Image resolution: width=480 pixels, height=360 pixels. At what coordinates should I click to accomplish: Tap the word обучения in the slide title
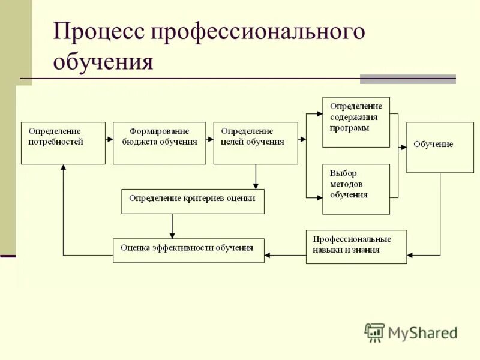pos(103,62)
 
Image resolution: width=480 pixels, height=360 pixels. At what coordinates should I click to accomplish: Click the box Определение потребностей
pos(63,143)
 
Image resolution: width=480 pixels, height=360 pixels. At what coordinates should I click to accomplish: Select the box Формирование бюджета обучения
pos(159,143)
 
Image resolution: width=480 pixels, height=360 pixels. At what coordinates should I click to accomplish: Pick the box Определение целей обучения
pos(255,143)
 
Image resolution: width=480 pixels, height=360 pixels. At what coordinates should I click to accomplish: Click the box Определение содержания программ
pos(356,122)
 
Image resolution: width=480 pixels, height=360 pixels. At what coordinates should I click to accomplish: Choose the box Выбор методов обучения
pos(356,188)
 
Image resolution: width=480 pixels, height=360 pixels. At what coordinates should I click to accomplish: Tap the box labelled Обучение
pos(431,147)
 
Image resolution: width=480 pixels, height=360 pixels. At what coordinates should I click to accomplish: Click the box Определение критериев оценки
pos(193,202)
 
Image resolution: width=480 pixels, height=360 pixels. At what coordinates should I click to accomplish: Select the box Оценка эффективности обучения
pos(188,250)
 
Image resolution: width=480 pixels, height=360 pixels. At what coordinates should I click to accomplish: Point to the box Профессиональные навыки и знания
pos(356,246)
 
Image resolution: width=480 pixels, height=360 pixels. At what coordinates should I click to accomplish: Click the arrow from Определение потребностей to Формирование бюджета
pos(109,139)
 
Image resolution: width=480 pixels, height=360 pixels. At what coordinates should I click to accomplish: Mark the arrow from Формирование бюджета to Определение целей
pos(209,139)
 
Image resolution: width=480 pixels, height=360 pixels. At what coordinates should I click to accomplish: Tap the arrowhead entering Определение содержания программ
pos(319,112)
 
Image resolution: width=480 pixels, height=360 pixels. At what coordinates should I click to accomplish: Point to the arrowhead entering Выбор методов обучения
pos(319,196)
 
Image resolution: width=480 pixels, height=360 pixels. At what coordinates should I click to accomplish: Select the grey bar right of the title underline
pos(407,79)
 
